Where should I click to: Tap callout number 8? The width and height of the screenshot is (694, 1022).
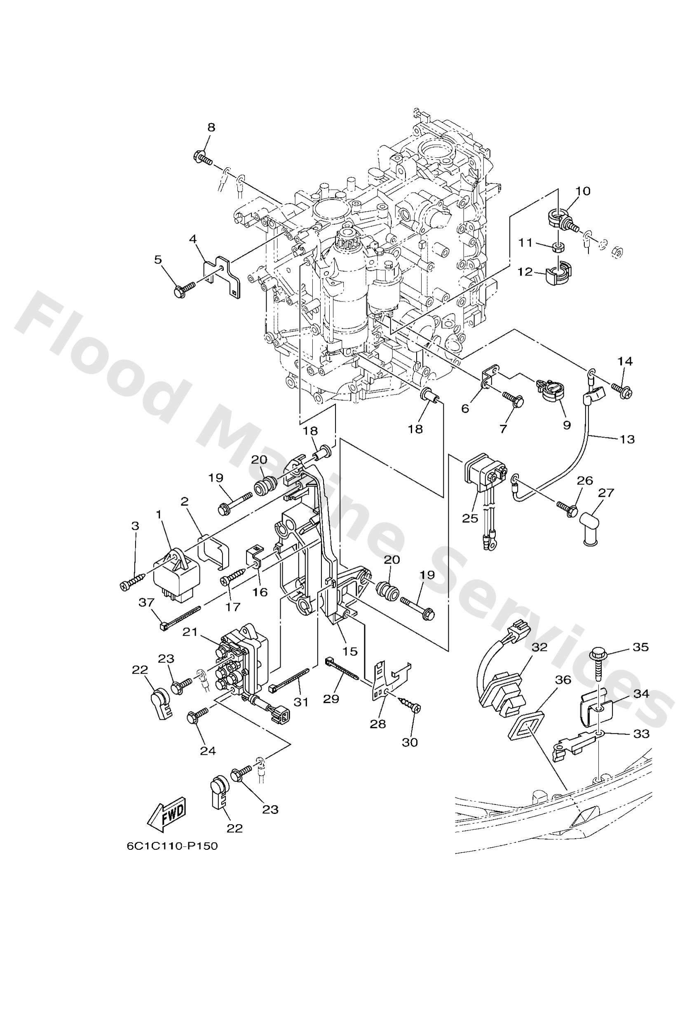click(x=211, y=128)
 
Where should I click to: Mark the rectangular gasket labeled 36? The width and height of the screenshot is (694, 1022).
click(x=525, y=729)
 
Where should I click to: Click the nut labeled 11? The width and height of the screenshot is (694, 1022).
click(x=558, y=247)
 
